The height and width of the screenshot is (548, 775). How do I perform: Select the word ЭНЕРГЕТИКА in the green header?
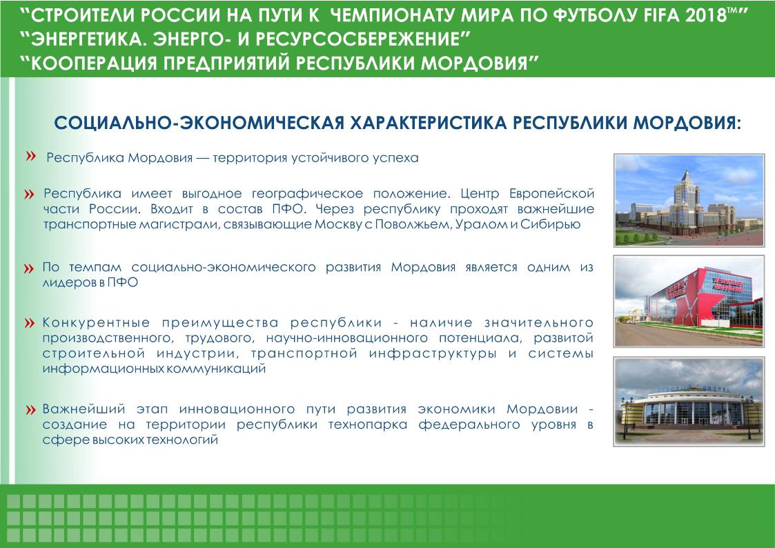click(x=88, y=39)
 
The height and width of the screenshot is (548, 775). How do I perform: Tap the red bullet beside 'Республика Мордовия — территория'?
click(x=31, y=157)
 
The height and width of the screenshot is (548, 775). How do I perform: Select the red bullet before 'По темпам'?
click(x=29, y=268)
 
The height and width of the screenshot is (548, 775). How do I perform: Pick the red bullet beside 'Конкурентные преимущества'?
click(x=29, y=324)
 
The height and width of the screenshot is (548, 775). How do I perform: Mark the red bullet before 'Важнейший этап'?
click(x=30, y=410)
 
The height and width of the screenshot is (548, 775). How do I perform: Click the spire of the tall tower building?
click(x=686, y=173)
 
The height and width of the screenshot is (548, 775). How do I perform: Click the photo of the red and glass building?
click(x=689, y=301)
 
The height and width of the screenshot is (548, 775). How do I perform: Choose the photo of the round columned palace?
click(x=689, y=401)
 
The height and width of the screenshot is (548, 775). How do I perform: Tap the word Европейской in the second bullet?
click(x=551, y=194)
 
